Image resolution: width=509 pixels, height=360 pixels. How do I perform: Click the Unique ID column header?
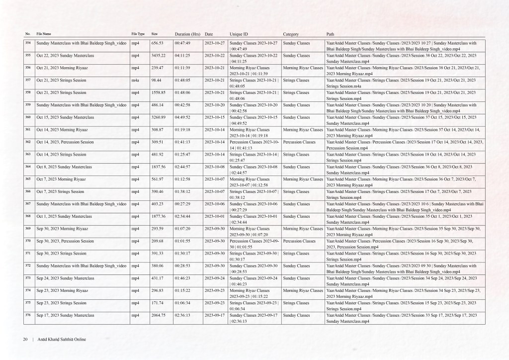click(x=239, y=34)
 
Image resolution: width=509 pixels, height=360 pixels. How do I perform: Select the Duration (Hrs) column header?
click(x=187, y=34)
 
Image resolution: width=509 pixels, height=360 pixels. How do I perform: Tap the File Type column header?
click(x=138, y=33)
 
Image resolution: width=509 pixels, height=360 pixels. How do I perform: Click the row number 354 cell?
click(x=28, y=43)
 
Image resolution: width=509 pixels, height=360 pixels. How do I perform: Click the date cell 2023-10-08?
click(x=215, y=167)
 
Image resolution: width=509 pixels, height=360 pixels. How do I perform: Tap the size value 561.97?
click(x=158, y=179)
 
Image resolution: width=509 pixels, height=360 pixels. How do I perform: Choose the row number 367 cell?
click(x=28, y=204)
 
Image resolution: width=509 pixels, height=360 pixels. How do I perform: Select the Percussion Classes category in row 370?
click(x=299, y=241)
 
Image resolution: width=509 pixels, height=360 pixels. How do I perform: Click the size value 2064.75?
click(x=158, y=315)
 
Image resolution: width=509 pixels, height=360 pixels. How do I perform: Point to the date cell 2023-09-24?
click(x=215, y=278)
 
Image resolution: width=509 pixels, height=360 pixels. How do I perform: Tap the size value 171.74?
click(x=158, y=303)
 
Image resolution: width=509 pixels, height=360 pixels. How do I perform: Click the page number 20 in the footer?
click(x=25, y=339)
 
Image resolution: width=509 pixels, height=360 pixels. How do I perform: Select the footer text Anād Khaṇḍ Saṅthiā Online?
click(x=62, y=339)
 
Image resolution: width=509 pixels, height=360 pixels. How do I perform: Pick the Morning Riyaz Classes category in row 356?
click(x=303, y=68)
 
